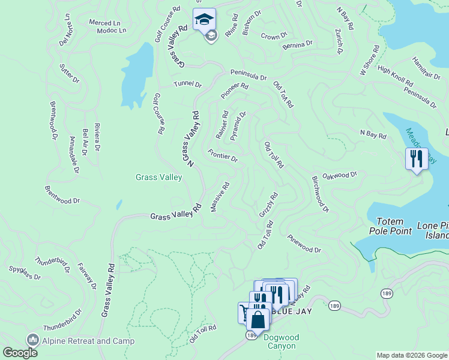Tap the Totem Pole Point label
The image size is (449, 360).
tap(394, 226)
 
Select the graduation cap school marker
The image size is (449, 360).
tap(204, 20)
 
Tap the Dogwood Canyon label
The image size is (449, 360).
tap(280, 341)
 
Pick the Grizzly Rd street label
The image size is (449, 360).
tap(268, 205)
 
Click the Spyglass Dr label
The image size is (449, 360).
tap(25, 273)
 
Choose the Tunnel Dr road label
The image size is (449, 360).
tap(188, 84)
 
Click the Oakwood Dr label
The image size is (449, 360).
tap(340, 175)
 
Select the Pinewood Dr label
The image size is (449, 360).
tap(304, 244)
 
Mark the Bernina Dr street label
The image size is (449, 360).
tap(297, 44)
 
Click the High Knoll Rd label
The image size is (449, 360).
tap(395, 77)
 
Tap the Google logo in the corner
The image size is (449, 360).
tap(20, 352)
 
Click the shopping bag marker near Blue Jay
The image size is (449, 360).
tap(258, 320)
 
